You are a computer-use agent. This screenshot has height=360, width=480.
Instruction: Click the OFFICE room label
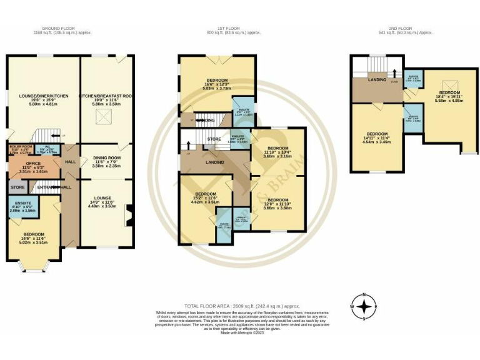34,167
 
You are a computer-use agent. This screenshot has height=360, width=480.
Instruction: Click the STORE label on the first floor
214,139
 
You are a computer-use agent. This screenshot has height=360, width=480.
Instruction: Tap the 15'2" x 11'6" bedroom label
205,198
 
